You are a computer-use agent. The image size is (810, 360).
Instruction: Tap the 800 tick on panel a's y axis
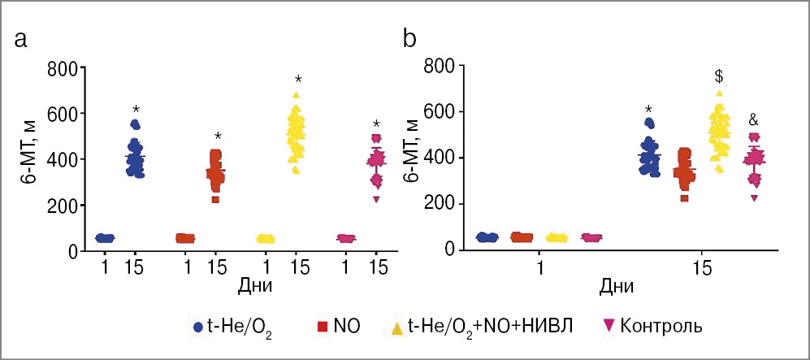click(x=64, y=67)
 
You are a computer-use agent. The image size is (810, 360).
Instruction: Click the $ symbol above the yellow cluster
click(x=719, y=76)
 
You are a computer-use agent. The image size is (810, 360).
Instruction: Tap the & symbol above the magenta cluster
click(x=753, y=119)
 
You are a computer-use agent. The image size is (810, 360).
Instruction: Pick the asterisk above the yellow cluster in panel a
click(x=298, y=80)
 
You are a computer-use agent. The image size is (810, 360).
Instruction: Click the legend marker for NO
click(x=322, y=327)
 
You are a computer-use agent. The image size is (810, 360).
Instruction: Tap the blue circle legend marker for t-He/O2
click(x=197, y=327)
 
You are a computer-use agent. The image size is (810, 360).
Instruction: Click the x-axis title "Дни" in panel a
click(x=254, y=286)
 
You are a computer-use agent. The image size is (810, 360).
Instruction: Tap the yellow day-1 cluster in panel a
click(x=266, y=238)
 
